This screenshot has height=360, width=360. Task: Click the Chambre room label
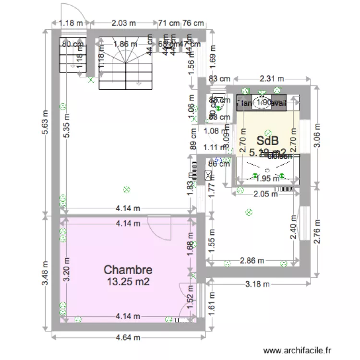pos(128,270)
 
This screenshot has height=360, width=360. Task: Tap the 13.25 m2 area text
pos(128,282)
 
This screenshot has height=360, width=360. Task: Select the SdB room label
pos(268,141)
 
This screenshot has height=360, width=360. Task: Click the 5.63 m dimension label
pos(45,122)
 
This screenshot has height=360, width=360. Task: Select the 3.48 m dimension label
pos(45,274)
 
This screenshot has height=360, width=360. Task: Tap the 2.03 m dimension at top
pos(123,22)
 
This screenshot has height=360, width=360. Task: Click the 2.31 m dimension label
pos(272,79)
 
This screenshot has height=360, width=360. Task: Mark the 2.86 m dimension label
pos(252,261)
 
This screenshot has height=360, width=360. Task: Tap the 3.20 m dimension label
pos(66,269)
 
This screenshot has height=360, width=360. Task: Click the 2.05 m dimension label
pos(265,194)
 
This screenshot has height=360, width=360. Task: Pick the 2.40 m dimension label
pos(293,227)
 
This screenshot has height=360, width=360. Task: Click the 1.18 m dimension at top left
pos(71,22)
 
